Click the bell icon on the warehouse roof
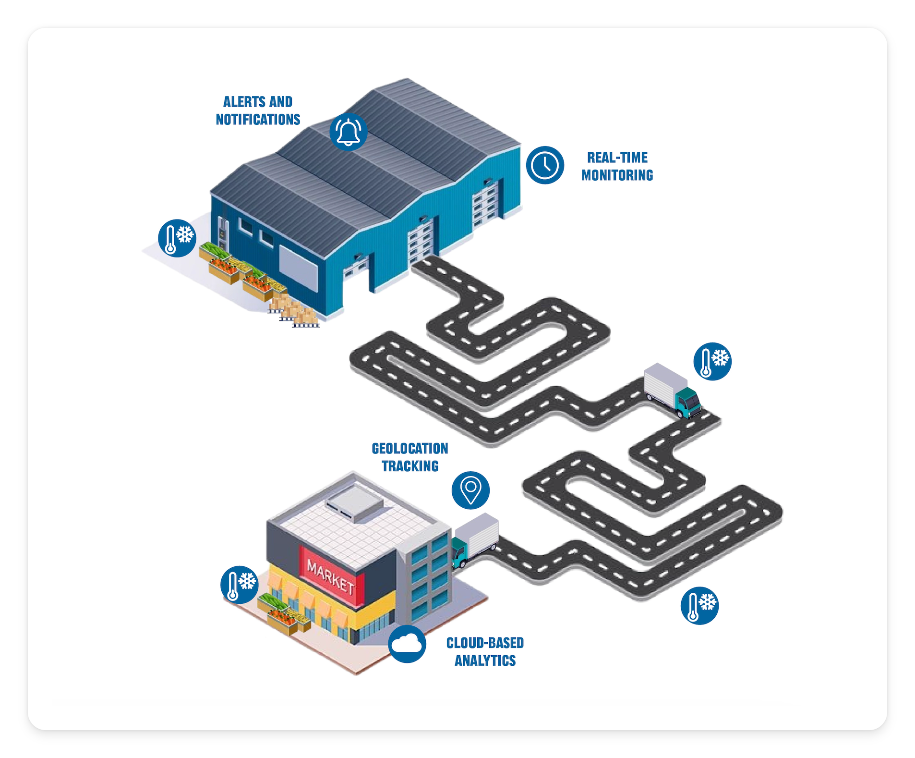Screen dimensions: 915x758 (x=349, y=132)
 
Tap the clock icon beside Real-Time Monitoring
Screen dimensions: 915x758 (x=545, y=165)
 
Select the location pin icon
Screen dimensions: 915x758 (x=470, y=490)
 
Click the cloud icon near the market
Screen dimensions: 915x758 (x=407, y=644)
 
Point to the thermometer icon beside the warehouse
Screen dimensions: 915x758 (x=177, y=238)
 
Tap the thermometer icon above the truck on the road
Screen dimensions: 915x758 (x=713, y=361)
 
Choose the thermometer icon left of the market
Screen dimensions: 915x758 (x=239, y=585)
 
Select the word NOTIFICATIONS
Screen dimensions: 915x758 (x=258, y=120)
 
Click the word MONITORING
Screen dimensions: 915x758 (x=617, y=175)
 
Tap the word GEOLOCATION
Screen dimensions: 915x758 (x=410, y=449)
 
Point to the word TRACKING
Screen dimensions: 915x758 (x=410, y=466)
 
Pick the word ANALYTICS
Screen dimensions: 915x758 (x=485, y=661)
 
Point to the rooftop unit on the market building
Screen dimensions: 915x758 (x=354, y=503)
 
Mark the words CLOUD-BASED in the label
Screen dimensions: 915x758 (x=485, y=643)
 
